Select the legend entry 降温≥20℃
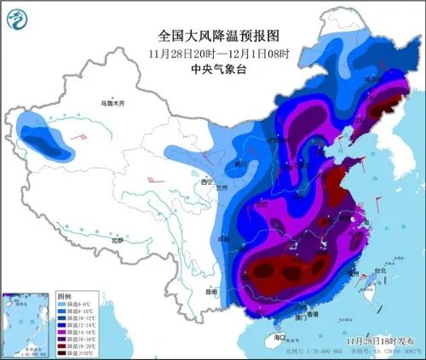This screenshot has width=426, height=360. pyautogui.click(x=75, y=352)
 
